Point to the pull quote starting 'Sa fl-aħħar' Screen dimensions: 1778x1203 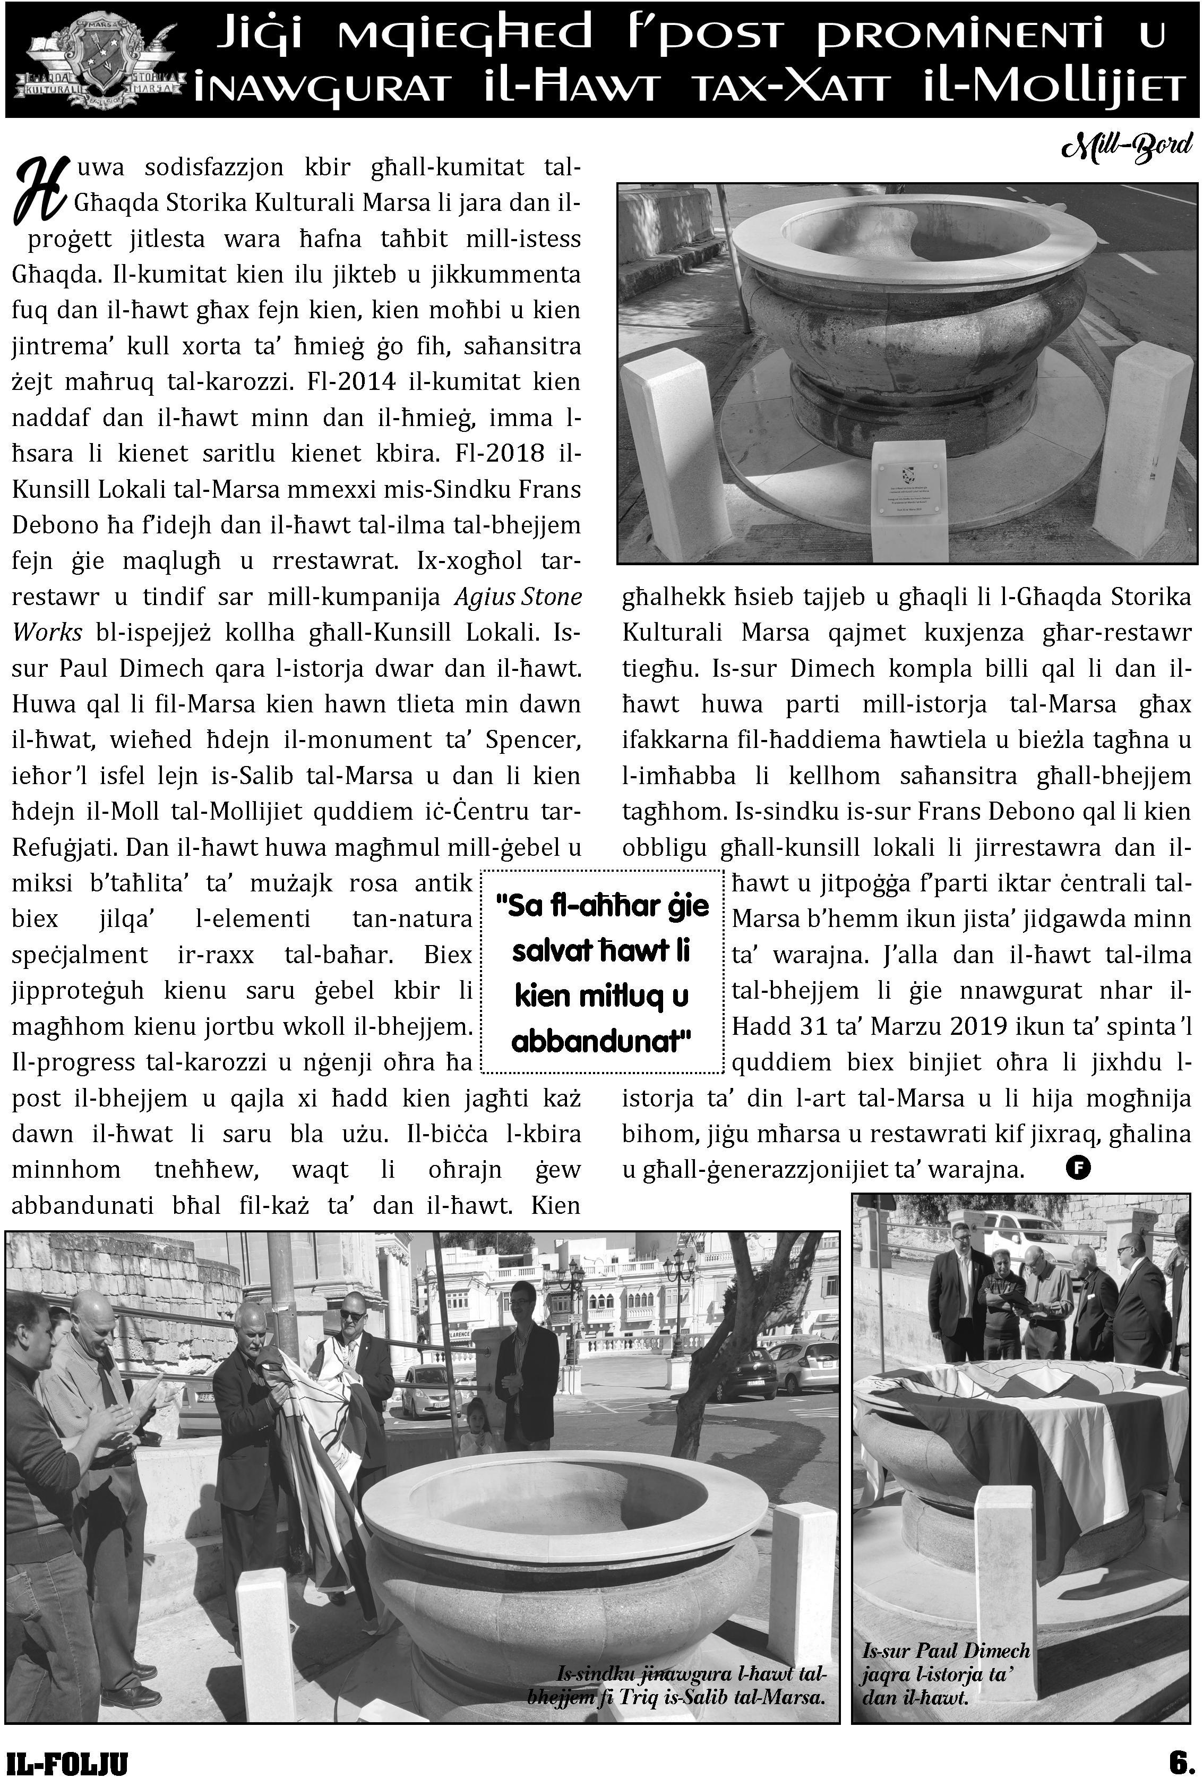click(600, 972)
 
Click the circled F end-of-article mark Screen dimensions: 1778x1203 click(1078, 1168)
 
